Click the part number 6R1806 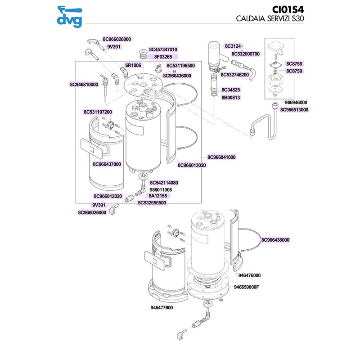pos(133,65)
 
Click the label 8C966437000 pos(107,164)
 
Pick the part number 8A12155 pos(158,196)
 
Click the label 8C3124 pos(234,46)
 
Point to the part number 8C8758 pos(294,64)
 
